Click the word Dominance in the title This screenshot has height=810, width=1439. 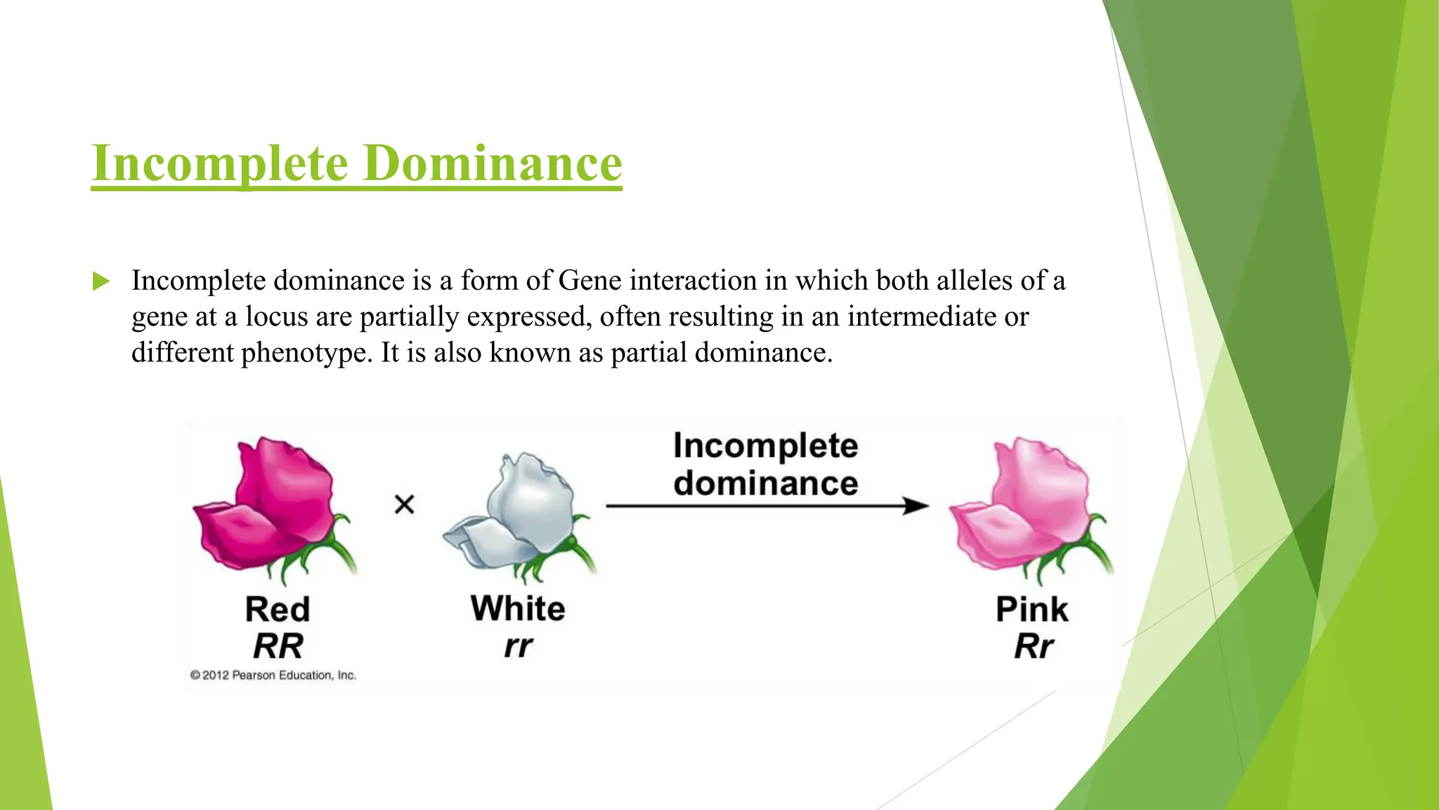[x=493, y=163]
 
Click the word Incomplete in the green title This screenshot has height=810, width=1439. [x=220, y=163]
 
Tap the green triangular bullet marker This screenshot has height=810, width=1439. [x=101, y=282]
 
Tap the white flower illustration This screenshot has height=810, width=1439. [x=520, y=517]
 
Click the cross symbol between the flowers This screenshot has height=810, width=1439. [x=404, y=504]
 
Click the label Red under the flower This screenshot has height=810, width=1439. [x=278, y=609]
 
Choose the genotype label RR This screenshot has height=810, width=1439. [x=278, y=645]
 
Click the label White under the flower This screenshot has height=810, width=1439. [x=518, y=608]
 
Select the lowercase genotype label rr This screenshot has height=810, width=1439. [x=519, y=645]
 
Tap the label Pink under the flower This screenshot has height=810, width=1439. [x=1031, y=609]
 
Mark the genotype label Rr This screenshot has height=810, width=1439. [x=1034, y=645]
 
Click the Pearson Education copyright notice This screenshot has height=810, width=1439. [x=273, y=675]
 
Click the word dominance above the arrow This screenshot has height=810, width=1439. [x=766, y=483]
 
